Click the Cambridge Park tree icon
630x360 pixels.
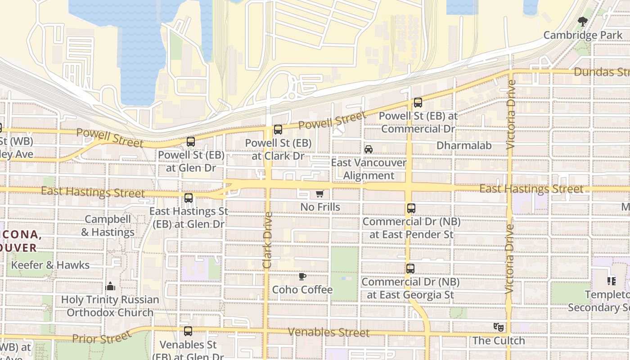coord(583,21)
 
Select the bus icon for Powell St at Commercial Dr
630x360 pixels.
coord(418,103)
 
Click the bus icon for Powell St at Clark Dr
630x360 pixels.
coord(278,130)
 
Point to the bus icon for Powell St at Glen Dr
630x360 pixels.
coord(191,142)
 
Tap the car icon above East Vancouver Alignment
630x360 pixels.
coord(369,149)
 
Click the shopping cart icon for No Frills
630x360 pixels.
coord(319,194)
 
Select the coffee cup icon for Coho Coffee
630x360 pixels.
coord(302,276)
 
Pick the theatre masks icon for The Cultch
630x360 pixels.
coord(498,327)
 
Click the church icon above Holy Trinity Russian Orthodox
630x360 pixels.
coord(110,286)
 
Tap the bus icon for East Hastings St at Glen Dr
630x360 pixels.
coord(189,198)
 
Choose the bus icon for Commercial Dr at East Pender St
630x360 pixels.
coord(411,208)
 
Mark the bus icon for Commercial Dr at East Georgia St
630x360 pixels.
coord(410,269)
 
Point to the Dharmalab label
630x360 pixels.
coord(464,145)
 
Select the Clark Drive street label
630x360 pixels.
coord(267,240)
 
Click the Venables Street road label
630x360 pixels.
coord(328,333)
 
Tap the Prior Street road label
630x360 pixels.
coord(102,337)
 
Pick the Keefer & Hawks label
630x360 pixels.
coord(50,265)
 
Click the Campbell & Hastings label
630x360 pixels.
coord(108,226)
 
